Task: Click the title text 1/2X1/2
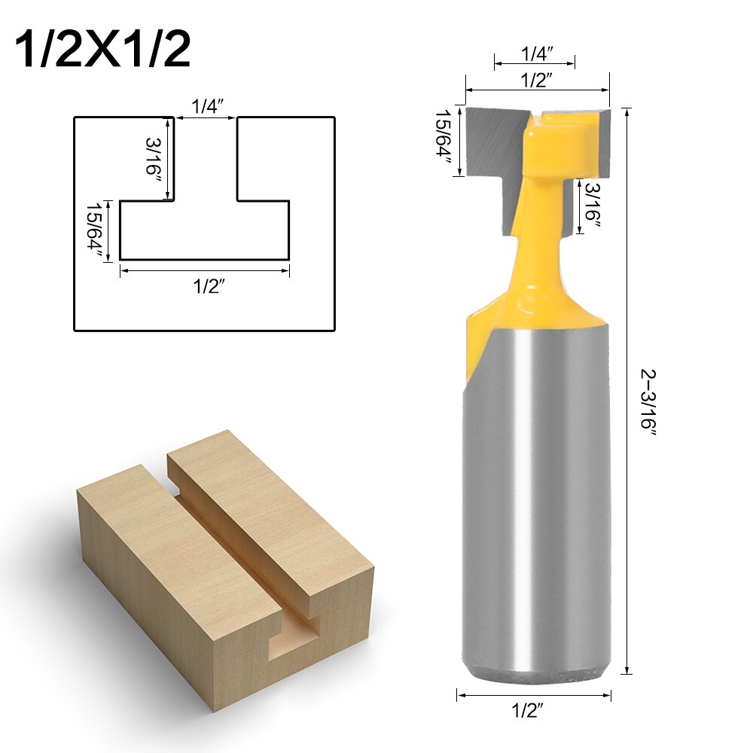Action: [x=102, y=49]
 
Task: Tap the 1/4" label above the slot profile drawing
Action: [x=205, y=107]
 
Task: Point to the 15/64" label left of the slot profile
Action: [x=95, y=230]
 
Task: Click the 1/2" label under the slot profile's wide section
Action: [x=205, y=286]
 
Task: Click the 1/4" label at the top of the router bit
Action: [x=535, y=53]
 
